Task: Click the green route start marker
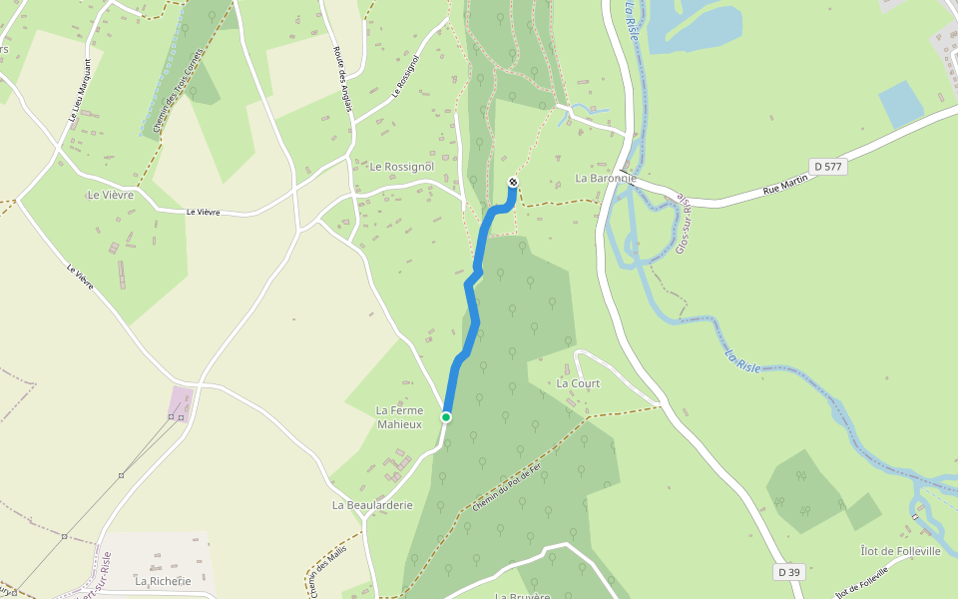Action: [x=446, y=416]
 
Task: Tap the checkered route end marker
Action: [x=513, y=182]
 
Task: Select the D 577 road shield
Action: [x=828, y=167]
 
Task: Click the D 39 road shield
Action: [x=789, y=572]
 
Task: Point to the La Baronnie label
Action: [x=605, y=178]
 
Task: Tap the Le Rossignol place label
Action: [x=404, y=166]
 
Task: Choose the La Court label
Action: [x=578, y=383]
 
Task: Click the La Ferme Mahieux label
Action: [x=399, y=417]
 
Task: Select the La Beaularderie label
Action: [x=372, y=505]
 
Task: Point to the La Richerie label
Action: [x=163, y=580]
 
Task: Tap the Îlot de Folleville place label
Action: [x=900, y=551]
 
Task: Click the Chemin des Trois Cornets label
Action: [x=181, y=90]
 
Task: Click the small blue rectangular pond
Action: [x=901, y=103]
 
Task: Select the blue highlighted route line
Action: [x=472, y=299]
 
